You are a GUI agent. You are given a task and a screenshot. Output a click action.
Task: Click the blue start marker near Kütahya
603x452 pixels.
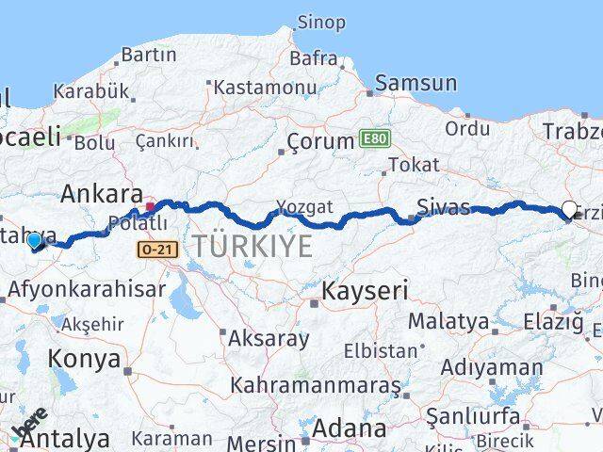tap(35, 241)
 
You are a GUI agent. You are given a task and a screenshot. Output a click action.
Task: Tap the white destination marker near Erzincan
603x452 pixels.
tap(569, 211)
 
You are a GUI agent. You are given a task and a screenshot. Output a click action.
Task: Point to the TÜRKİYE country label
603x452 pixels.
tap(252, 247)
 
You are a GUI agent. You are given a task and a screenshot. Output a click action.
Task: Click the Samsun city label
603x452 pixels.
tap(415, 85)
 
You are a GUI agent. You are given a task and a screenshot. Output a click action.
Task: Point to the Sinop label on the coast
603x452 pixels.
tap(321, 22)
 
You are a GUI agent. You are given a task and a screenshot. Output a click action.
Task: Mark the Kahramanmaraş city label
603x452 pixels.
tap(316, 386)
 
